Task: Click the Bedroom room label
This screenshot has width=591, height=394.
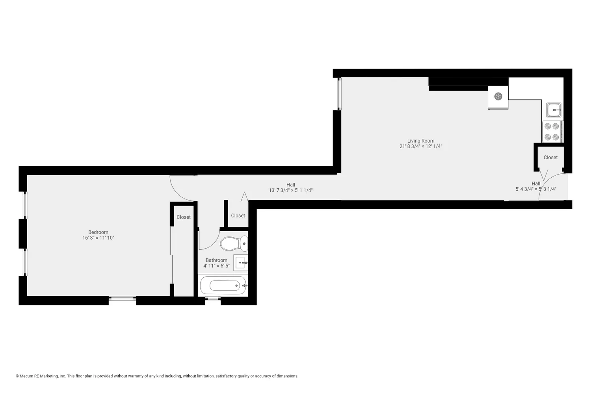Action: (x=98, y=232)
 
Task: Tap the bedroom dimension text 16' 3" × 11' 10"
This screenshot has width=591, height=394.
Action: (x=98, y=238)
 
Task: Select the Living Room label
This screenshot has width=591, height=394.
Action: (x=421, y=141)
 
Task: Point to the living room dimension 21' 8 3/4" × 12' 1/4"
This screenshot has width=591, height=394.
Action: (x=421, y=147)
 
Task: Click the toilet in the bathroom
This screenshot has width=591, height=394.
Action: (x=234, y=243)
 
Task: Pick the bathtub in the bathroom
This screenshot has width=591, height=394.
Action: (x=224, y=285)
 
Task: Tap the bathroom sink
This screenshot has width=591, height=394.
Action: (x=241, y=262)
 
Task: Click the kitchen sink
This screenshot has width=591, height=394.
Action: (x=554, y=110)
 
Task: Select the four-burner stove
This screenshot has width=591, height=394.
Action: (x=552, y=132)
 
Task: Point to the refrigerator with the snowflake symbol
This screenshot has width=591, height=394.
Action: (x=498, y=97)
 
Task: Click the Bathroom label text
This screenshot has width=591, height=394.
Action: (x=216, y=260)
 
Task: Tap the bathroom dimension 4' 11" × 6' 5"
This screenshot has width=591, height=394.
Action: (x=216, y=266)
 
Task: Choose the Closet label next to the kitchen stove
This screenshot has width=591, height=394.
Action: (x=550, y=158)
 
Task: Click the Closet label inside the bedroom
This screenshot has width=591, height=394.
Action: (x=184, y=217)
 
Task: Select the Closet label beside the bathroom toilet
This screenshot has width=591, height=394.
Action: (x=238, y=216)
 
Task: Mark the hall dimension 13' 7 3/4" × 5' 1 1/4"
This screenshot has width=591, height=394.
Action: (x=291, y=190)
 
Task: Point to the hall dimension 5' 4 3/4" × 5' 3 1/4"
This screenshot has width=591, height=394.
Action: (x=536, y=189)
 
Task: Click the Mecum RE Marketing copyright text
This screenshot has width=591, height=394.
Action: (x=157, y=376)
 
